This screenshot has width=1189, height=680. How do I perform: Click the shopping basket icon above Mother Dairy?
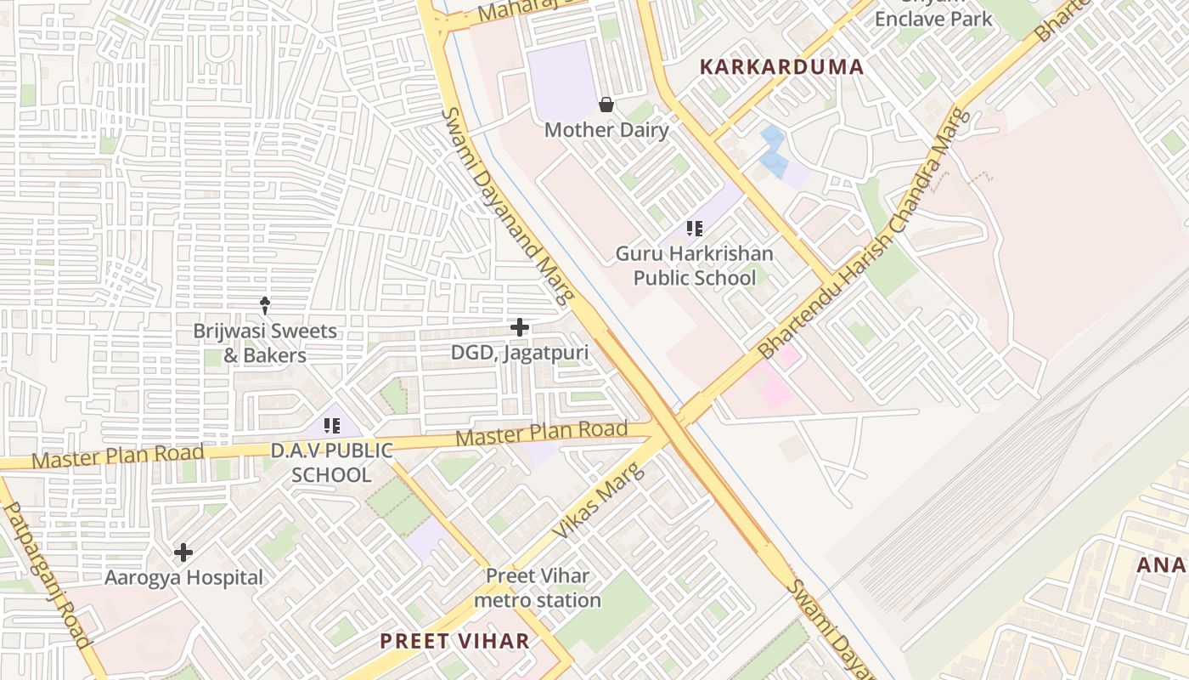pyautogui.click(x=606, y=105)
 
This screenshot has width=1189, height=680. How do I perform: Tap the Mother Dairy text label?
pyautogui.click(x=606, y=130)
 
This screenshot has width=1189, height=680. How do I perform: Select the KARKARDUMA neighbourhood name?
pyautogui.click(x=781, y=67)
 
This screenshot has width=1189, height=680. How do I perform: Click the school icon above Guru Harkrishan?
pyautogui.click(x=695, y=229)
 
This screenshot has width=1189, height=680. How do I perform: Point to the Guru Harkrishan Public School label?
pyautogui.click(x=695, y=266)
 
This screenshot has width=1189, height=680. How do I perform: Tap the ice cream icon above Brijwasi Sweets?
pyautogui.click(x=265, y=304)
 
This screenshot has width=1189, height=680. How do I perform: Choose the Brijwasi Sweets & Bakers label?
pyautogui.click(x=265, y=343)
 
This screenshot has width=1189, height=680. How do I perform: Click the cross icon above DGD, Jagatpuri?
pyautogui.click(x=519, y=327)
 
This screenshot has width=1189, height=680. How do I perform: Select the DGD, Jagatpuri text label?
pyautogui.click(x=519, y=352)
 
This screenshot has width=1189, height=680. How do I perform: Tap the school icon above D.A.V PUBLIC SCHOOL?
pyautogui.click(x=331, y=426)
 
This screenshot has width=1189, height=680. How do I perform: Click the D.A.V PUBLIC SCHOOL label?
pyautogui.click(x=331, y=462)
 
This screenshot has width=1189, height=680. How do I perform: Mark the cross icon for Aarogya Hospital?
pyautogui.click(x=183, y=553)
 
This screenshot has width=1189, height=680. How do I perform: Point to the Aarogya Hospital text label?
pyautogui.click(x=183, y=578)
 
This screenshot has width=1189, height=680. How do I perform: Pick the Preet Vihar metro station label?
pyautogui.click(x=538, y=588)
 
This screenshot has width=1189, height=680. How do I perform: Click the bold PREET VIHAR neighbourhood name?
pyautogui.click(x=454, y=641)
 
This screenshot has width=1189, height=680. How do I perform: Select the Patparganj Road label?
pyautogui.click(x=48, y=575)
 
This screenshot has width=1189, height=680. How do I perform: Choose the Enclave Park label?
pyautogui.click(x=933, y=18)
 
